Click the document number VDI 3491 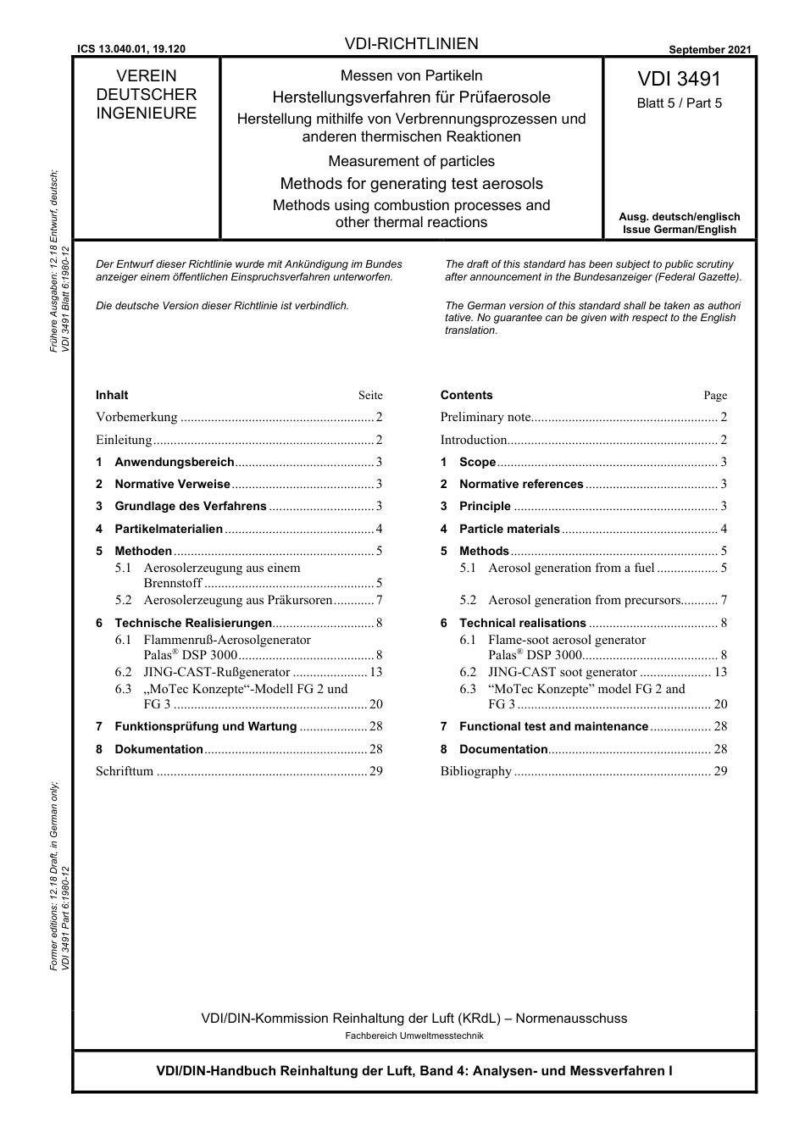point(679,79)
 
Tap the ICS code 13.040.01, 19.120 point(131,50)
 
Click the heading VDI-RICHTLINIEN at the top point(411,44)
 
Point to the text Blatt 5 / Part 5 point(679,103)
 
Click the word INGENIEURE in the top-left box point(146,114)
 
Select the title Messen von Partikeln point(411,75)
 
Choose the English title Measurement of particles point(411,161)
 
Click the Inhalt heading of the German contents point(112,395)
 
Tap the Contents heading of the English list point(466,395)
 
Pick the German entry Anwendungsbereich point(174,462)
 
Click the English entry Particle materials point(509,529)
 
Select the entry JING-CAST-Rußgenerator point(217,672)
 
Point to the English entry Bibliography point(475,771)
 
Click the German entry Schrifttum point(125,771)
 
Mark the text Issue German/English point(679,230)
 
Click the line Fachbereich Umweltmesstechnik point(414,1035)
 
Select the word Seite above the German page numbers point(370,396)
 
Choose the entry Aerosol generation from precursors point(584,600)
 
